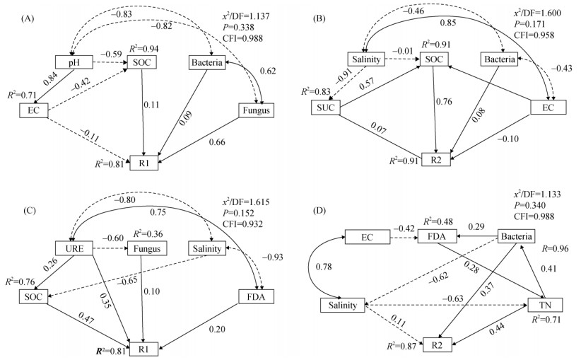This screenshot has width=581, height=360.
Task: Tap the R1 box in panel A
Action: coord(143,163)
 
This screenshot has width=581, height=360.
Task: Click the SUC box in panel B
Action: coord(329,108)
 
